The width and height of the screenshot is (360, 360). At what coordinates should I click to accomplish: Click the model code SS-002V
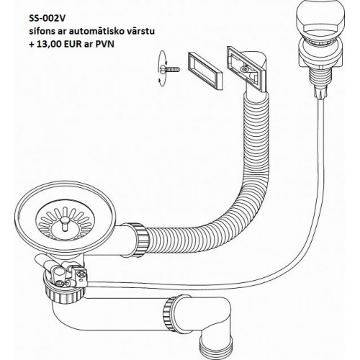[x=47, y=19]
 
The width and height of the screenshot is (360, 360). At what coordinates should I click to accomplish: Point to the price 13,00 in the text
[x=48, y=45]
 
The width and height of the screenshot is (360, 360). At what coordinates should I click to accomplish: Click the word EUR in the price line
[x=71, y=45]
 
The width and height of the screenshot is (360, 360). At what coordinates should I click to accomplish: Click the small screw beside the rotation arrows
[x=171, y=69]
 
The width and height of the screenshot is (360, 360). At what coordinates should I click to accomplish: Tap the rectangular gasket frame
[x=204, y=71]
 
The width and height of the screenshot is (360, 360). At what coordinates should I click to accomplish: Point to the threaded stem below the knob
[x=320, y=78]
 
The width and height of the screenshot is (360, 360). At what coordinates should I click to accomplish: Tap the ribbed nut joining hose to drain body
[x=139, y=240]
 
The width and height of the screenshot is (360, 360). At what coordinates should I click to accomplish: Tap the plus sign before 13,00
[x=32, y=45]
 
